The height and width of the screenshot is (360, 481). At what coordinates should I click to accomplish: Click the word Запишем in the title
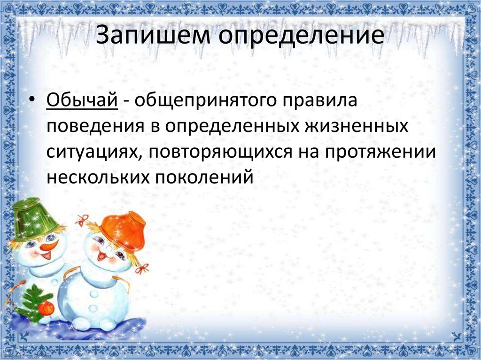coord(153,35)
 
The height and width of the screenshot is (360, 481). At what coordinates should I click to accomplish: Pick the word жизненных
coord(356,126)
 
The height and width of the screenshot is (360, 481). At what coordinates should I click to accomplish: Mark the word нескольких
coord(98,177)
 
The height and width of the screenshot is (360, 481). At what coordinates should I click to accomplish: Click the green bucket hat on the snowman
coord(34,219)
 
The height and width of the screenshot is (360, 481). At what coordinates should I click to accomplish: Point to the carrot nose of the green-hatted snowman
coord(49,246)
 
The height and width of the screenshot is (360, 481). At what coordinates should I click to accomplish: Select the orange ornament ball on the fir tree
coord(47,308)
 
